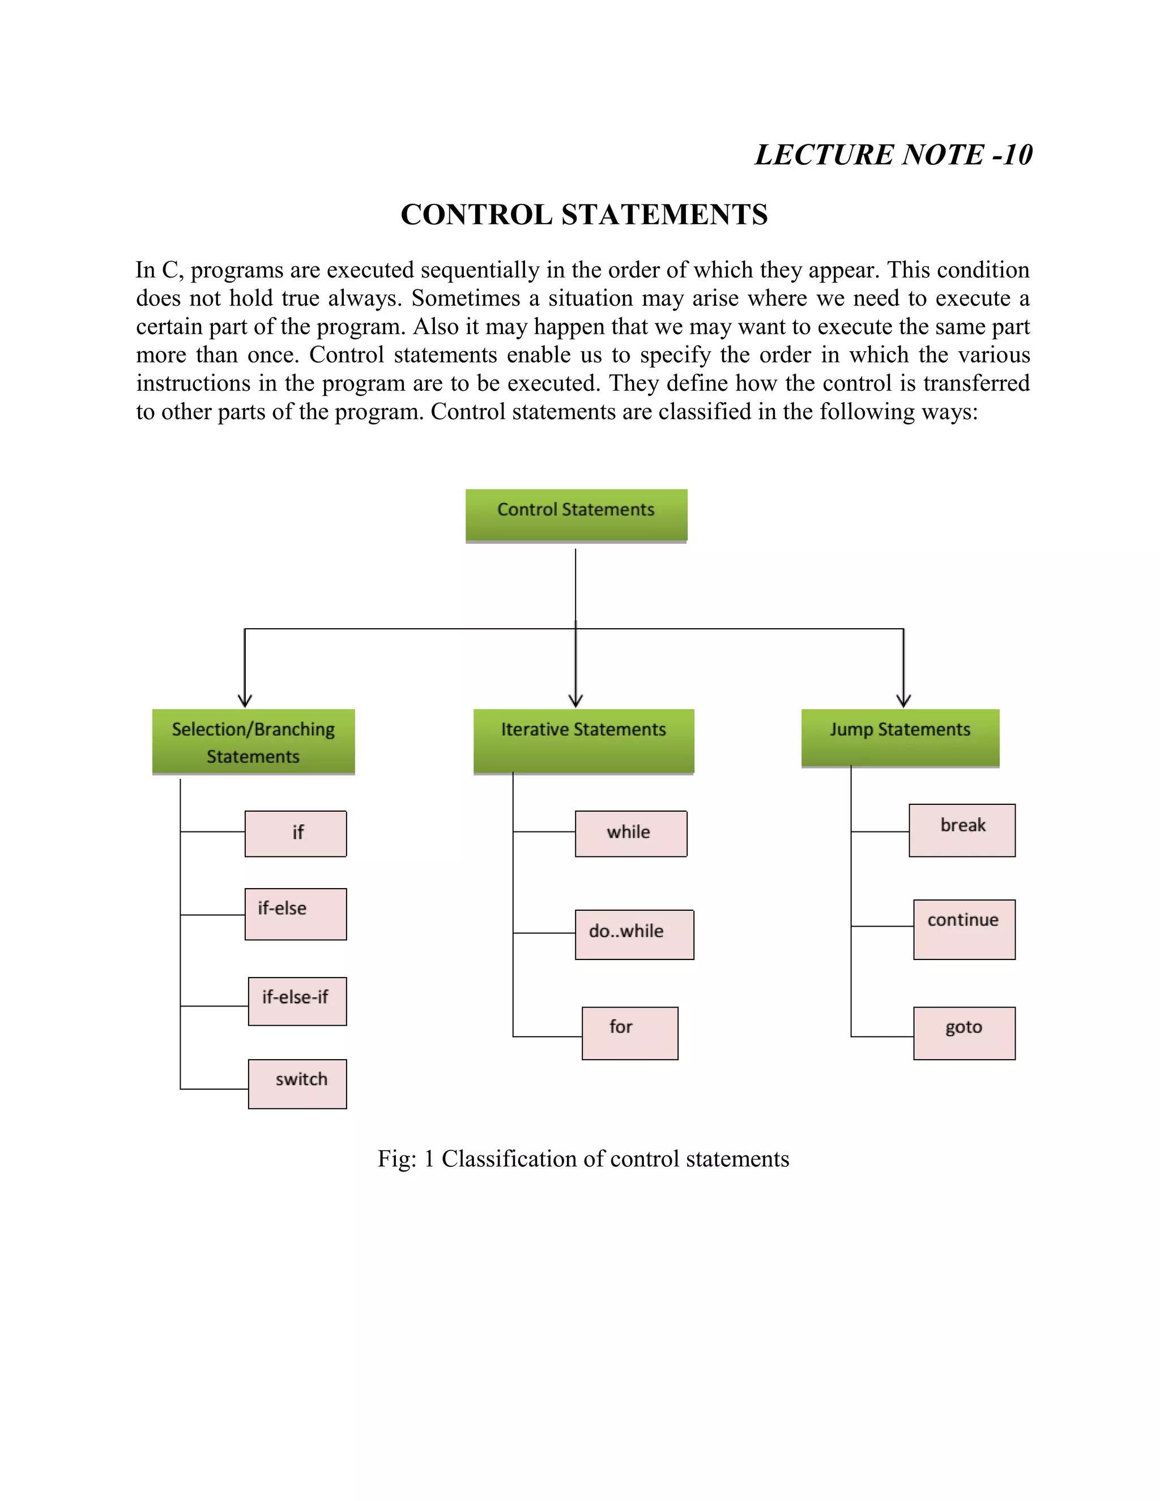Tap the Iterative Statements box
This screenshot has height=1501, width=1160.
583,740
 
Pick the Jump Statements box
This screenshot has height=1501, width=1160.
900,737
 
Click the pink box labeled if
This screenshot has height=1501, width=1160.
296,833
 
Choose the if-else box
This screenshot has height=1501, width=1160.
296,914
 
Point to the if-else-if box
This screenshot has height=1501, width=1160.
297,1001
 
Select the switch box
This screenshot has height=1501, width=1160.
297,1083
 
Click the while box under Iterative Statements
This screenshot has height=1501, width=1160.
631,833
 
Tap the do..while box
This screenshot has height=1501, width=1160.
634,934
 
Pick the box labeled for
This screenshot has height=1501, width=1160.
629,1033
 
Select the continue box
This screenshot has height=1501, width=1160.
964,929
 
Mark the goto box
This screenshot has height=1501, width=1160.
964,1033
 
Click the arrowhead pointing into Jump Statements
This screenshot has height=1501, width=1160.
903,701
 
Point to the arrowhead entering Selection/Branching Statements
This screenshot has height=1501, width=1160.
245,701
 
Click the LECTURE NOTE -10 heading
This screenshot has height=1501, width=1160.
893,155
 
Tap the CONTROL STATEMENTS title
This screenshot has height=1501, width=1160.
584,215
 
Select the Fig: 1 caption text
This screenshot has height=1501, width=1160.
583,1159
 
